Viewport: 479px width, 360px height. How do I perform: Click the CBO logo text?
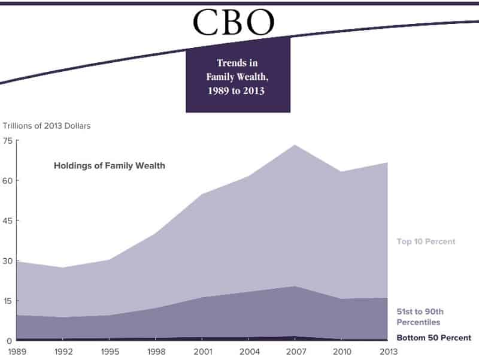click(x=234, y=22)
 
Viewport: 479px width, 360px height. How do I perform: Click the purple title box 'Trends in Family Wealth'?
click(x=238, y=76)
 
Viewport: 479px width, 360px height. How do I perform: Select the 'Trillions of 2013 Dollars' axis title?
click(x=46, y=126)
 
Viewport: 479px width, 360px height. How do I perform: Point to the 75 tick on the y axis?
click(x=7, y=141)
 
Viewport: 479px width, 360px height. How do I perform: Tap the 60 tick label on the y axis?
click(x=7, y=180)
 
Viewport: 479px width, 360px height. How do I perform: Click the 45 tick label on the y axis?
click(x=7, y=220)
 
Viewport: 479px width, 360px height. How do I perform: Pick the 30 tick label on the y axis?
click(x=7, y=261)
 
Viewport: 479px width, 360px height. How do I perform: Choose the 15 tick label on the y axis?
click(x=7, y=301)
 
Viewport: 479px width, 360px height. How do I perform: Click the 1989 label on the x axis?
click(x=16, y=352)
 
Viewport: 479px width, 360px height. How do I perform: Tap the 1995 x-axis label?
click(x=109, y=352)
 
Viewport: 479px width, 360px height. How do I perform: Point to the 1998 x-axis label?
click(x=155, y=352)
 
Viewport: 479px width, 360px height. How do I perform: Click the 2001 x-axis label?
click(x=202, y=352)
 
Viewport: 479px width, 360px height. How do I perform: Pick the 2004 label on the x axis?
click(x=248, y=352)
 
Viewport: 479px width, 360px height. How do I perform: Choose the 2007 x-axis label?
click(x=295, y=352)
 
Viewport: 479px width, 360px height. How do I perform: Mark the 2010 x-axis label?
click(x=341, y=352)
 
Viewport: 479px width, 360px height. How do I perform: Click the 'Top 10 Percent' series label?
click(x=426, y=242)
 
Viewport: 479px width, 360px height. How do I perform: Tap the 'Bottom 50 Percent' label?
click(x=433, y=338)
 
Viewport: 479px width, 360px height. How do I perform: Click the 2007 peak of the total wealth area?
click(x=295, y=145)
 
